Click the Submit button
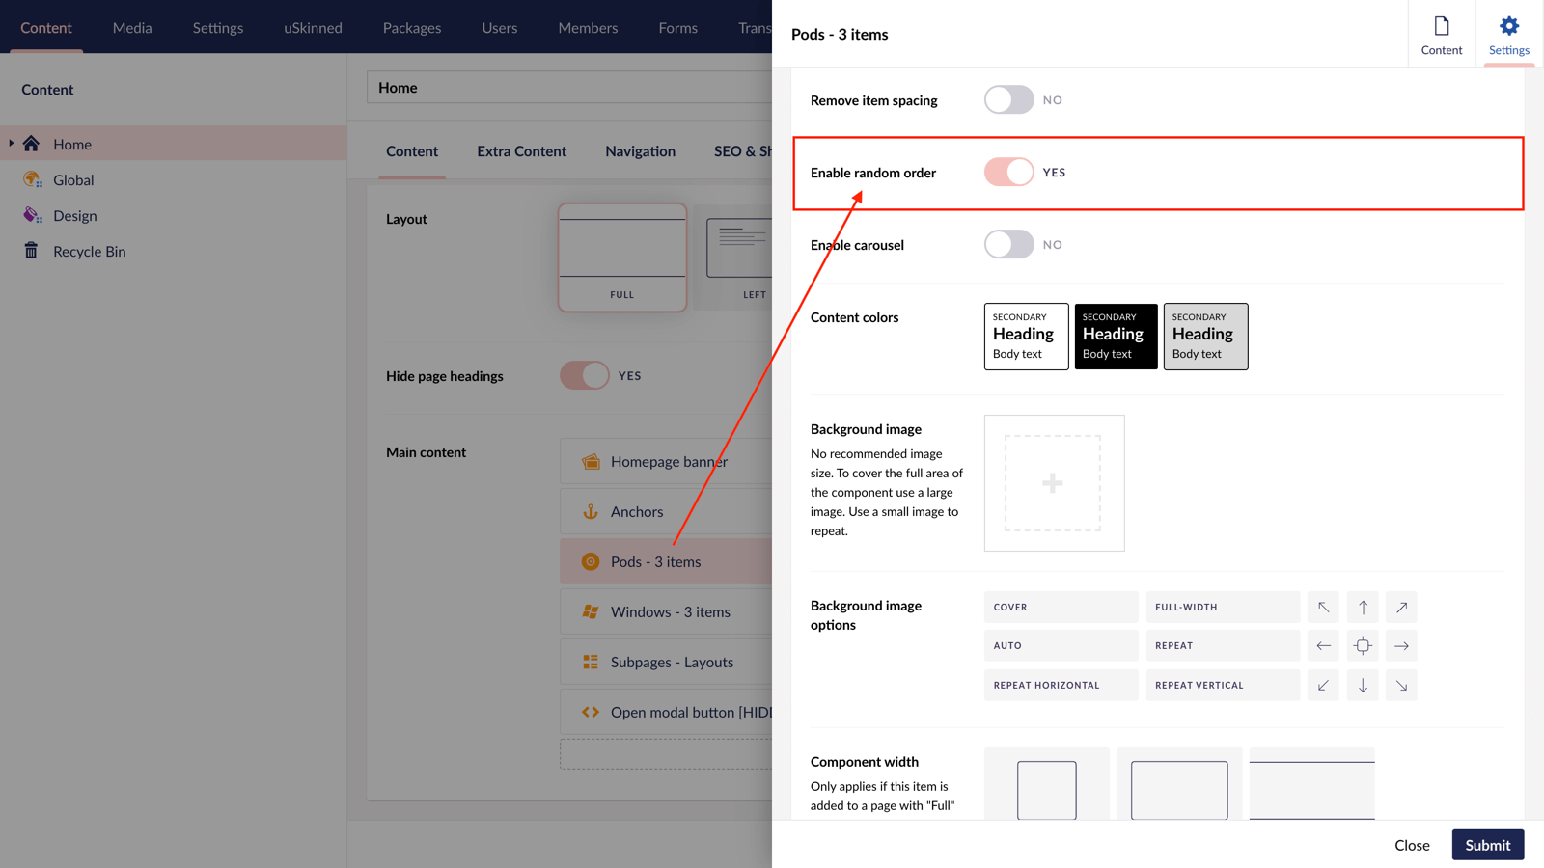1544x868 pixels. tap(1487, 845)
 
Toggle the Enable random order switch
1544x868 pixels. tap(1008, 173)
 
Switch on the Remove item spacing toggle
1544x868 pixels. tap(1008, 100)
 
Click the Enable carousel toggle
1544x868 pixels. tap(1008, 245)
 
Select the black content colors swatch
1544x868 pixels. tap(1116, 337)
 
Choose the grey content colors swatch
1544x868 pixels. tap(1205, 337)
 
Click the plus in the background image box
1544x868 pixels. tap(1053, 483)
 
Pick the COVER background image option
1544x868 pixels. tap(1060, 608)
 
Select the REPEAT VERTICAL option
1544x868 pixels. tap(1222, 686)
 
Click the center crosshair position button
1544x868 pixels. tap(1363, 646)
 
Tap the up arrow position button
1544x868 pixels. tap(1363, 608)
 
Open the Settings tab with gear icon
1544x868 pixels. tap(1508, 35)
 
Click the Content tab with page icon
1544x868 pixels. tap(1441, 35)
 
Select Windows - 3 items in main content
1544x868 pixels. tap(670, 612)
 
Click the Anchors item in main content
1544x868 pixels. tap(637, 512)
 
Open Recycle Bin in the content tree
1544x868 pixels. tap(89, 252)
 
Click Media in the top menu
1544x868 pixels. tap(132, 28)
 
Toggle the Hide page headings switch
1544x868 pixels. tap(584, 376)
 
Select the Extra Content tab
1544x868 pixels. tap(521, 151)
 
